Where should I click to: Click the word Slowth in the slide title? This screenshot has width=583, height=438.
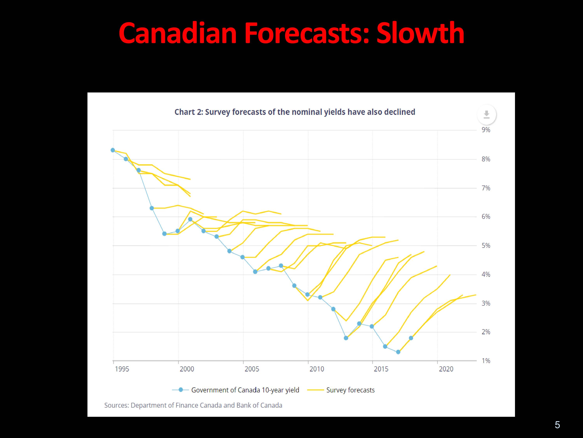pyautogui.click(x=420, y=33)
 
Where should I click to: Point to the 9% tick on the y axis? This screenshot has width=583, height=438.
pyautogui.click(x=486, y=130)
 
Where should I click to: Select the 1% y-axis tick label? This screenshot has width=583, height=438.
pyautogui.click(x=486, y=361)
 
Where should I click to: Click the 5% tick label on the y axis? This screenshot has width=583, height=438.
pyautogui.click(x=486, y=245)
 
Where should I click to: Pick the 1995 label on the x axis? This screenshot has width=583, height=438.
pyautogui.click(x=122, y=369)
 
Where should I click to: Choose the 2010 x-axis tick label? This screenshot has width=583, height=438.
pyautogui.click(x=317, y=369)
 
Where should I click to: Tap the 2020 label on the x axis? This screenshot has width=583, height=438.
pyautogui.click(x=446, y=369)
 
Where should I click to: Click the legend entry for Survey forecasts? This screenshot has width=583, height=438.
pyautogui.click(x=341, y=390)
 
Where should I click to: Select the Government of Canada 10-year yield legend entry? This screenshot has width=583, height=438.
pyautogui.click(x=236, y=390)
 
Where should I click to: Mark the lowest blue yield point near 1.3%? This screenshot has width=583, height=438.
pyautogui.click(x=398, y=352)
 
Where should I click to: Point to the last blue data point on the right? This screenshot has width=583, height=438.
pyautogui.click(x=411, y=338)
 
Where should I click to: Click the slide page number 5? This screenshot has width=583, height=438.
pyautogui.click(x=557, y=425)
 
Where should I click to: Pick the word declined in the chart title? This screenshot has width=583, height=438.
pyautogui.click(x=400, y=112)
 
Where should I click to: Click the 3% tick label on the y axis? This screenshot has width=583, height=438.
pyautogui.click(x=486, y=303)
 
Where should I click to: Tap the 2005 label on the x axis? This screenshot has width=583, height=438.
pyautogui.click(x=252, y=369)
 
